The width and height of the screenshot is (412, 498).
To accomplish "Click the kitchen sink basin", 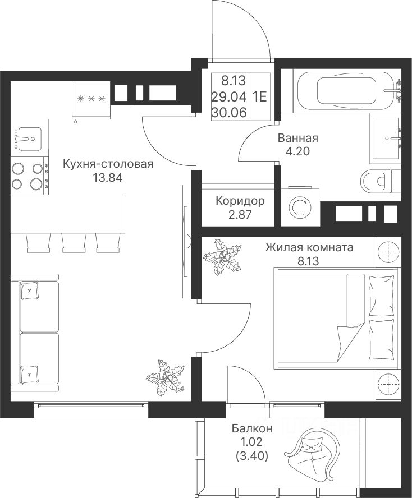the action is tap(30, 139).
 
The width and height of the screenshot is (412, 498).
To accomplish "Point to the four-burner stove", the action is tap(30, 176).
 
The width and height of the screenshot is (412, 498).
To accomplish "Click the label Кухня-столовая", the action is tap(108, 164).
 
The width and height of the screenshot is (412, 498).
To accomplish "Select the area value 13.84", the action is tap(107, 177).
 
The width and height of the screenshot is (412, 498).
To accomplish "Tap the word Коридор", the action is tap(240, 201).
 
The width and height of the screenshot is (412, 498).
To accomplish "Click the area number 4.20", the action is tap(297, 151).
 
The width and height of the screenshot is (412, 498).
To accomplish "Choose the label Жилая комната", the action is tap(309, 247).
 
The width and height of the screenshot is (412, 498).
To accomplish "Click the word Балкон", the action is tap(252, 429).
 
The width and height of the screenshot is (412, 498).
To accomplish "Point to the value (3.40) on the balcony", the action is tap(252, 456).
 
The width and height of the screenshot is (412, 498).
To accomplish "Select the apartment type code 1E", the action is tap(259, 96).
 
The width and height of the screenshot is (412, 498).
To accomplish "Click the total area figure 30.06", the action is tap(229, 112).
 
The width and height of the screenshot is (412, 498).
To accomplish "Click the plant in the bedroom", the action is tap(222, 257).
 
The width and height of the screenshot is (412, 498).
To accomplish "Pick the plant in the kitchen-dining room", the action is tap(166, 378).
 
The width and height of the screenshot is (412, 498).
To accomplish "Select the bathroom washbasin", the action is tap(385, 139).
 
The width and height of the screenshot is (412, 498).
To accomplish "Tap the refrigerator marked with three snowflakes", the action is tap(91, 99).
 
